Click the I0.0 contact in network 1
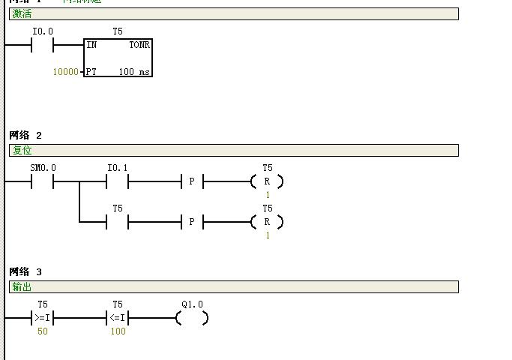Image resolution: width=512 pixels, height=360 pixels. (x=42, y=45)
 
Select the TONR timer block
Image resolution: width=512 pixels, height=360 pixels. (x=118, y=58)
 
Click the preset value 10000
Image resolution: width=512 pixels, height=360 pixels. (x=65, y=72)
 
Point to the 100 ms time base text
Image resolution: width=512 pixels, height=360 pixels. (x=134, y=72)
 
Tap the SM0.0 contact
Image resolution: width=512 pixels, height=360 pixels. (x=42, y=181)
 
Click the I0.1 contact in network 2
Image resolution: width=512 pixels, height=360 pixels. (x=118, y=181)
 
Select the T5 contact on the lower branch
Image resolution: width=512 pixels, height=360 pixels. (x=118, y=222)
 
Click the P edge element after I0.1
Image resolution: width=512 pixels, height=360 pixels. (x=192, y=181)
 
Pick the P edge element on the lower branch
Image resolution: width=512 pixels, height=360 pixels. (x=192, y=222)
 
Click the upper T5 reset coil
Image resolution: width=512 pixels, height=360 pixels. (x=267, y=181)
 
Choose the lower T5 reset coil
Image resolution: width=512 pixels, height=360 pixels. (x=267, y=222)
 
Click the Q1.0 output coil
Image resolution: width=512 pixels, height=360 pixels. (x=192, y=318)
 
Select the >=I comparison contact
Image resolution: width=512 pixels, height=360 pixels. (x=42, y=318)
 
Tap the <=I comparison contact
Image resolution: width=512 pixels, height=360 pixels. (x=118, y=318)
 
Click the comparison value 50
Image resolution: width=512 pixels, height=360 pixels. (x=43, y=331)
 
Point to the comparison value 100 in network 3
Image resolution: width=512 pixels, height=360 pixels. (x=118, y=331)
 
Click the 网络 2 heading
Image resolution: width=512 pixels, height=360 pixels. (x=25, y=135)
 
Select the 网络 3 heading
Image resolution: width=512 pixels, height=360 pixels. (x=25, y=271)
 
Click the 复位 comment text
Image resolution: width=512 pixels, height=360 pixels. (x=22, y=151)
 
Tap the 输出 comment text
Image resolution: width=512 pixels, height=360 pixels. (x=22, y=287)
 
